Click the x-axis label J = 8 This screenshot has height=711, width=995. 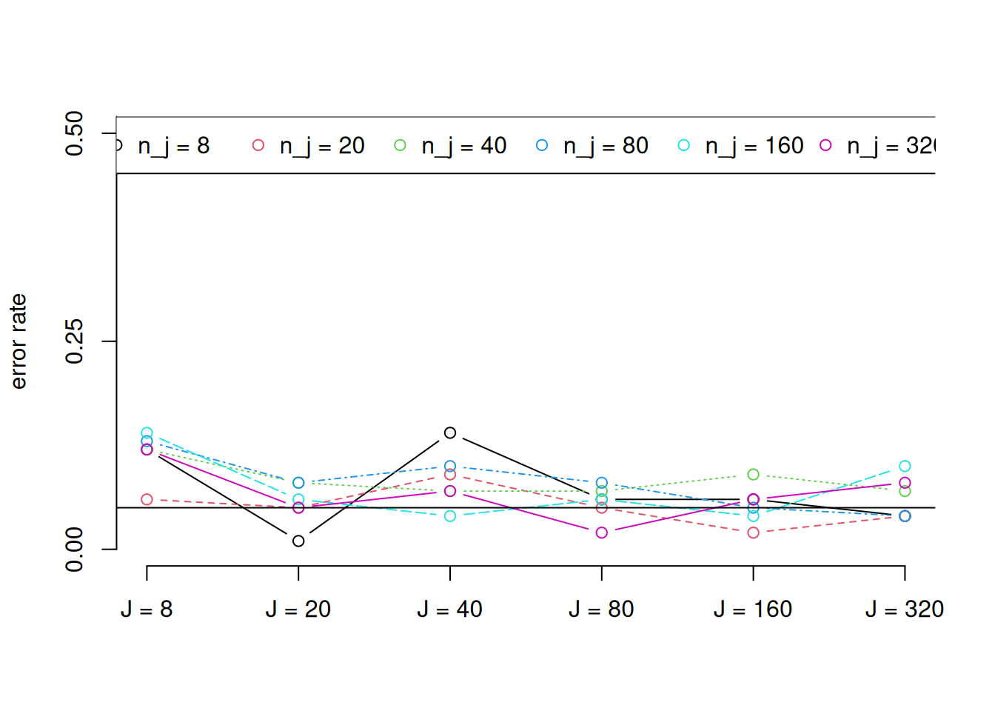click(147, 610)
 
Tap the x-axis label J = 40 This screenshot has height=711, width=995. click(449, 610)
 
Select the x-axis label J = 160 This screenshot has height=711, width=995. click(753, 610)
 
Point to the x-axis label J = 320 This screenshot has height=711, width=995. click(904, 610)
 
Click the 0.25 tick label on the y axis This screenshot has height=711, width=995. click(75, 341)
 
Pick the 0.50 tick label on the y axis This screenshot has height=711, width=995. click(75, 133)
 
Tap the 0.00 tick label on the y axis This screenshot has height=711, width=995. click(75, 550)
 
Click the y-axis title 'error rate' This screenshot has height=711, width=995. click(19, 341)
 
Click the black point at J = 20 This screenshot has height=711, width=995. click(298, 541)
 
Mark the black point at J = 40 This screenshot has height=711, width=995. click(450, 433)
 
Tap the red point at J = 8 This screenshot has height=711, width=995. click(147, 500)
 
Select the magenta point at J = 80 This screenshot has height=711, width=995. click(602, 533)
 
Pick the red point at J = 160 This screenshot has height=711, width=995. click(753, 533)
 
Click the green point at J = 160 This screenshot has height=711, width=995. click(753, 475)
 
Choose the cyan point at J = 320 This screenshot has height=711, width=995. click(905, 467)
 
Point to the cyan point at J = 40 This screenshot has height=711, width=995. click(450, 516)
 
